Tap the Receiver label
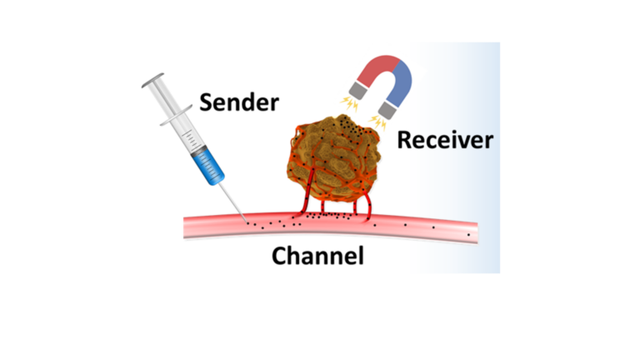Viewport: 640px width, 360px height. (x=444, y=139)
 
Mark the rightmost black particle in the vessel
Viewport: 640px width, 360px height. (x=468, y=235)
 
